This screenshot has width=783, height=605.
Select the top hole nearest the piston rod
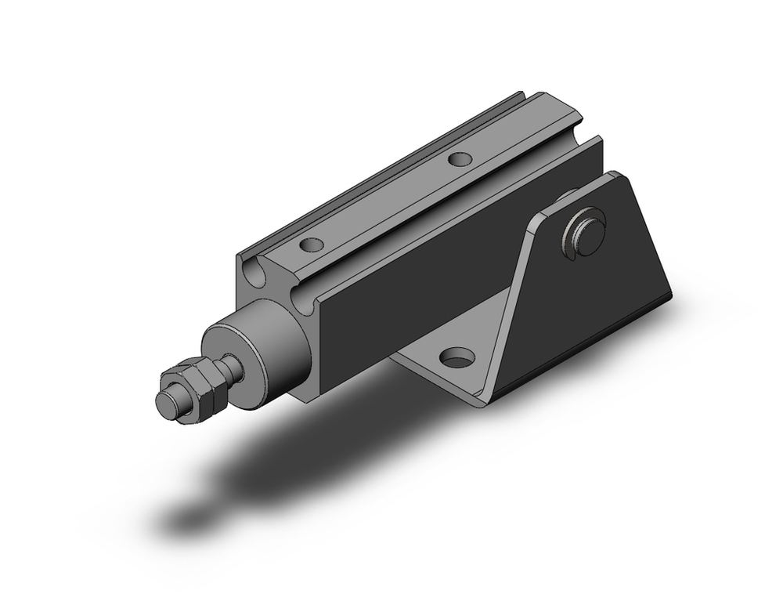point(312,245)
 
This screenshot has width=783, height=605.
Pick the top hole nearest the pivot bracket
point(460,159)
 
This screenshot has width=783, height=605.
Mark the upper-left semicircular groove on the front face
point(252,274)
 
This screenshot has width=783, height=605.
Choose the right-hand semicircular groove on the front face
point(302,299)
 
